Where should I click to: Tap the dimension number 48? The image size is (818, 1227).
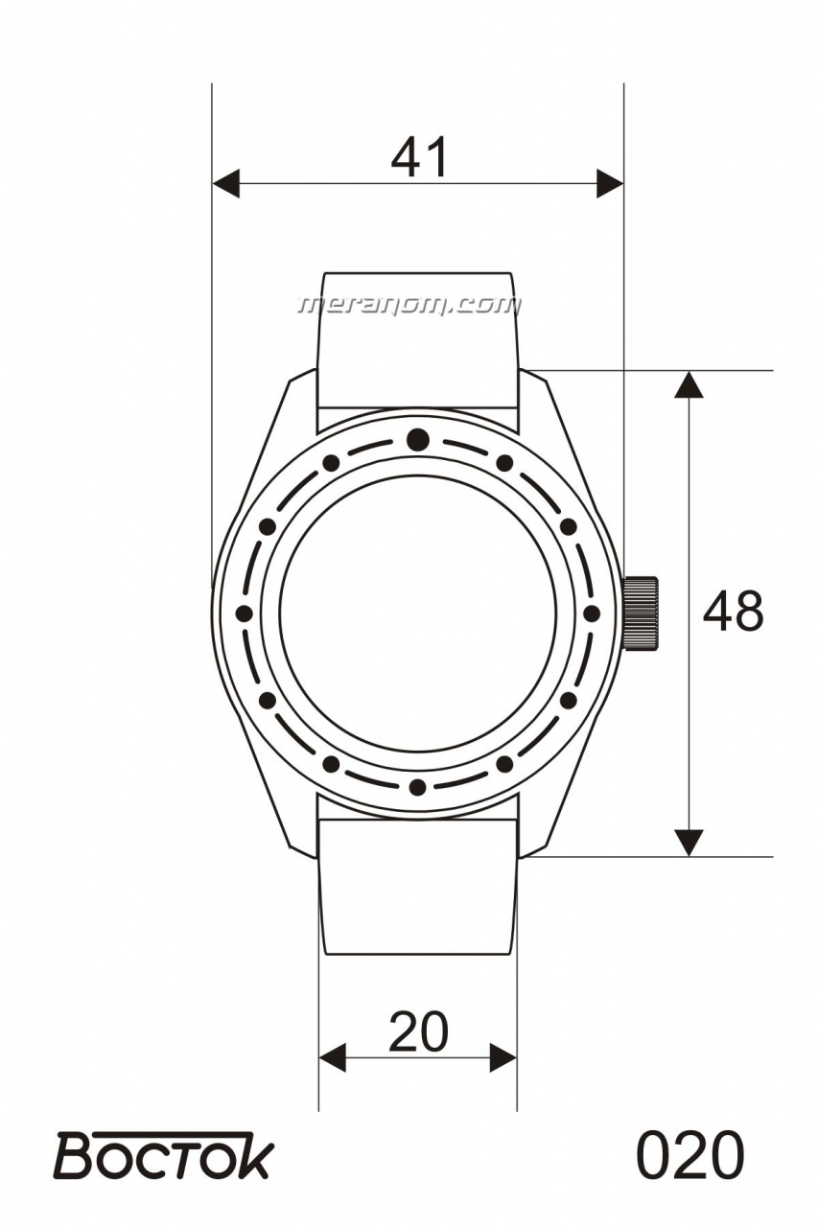(x=733, y=611)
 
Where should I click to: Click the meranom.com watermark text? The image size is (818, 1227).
(x=409, y=305)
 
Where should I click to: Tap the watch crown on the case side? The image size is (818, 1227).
(x=640, y=613)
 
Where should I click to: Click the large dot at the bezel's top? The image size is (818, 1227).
(x=418, y=439)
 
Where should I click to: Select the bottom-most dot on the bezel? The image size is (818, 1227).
(x=417, y=787)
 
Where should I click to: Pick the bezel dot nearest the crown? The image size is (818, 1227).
(x=591, y=613)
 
